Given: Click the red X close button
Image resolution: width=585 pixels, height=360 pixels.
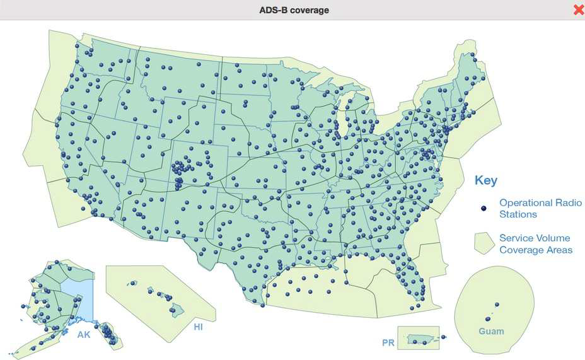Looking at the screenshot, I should (578, 9).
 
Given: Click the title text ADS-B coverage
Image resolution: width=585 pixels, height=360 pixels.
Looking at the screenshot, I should (294, 10).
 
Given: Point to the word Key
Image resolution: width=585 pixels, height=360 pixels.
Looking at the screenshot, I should (485, 181).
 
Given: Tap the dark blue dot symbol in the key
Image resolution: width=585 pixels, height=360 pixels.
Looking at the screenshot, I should (484, 208).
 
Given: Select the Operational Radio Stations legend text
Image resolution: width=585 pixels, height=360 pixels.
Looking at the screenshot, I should (540, 208).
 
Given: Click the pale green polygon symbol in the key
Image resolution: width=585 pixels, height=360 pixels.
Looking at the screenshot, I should (484, 243).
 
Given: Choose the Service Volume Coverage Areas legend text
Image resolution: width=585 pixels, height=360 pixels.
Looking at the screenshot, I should (535, 244).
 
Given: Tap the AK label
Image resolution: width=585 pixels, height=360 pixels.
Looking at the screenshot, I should (84, 335).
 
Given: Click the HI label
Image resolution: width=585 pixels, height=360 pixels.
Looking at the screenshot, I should (199, 327).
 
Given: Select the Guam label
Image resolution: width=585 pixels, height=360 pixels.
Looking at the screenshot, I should (491, 331).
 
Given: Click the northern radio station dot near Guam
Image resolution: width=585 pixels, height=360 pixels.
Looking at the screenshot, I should (497, 305).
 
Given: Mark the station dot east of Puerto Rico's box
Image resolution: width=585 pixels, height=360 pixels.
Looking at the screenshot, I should (443, 337).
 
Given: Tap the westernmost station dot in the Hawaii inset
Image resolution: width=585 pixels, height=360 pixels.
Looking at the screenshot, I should (132, 283).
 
